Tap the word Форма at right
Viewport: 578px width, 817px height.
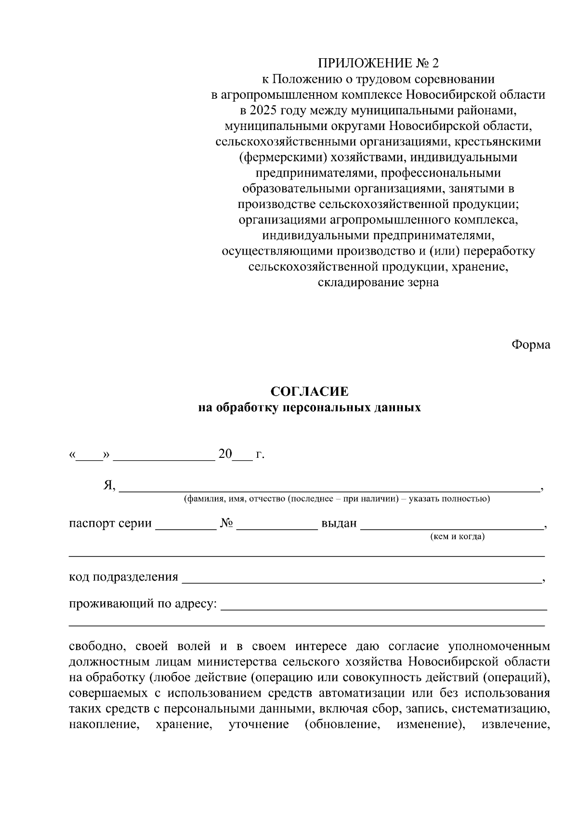[x=530, y=345]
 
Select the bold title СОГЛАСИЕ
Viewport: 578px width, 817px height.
[x=309, y=392]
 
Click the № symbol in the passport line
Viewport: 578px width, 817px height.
[x=226, y=523]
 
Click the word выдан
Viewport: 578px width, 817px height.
[x=339, y=523]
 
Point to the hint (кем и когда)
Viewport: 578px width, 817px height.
[x=457, y=536]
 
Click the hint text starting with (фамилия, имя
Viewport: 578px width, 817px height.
[x=336, y=499]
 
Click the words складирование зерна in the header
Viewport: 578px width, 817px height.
[x=378, y=283]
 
